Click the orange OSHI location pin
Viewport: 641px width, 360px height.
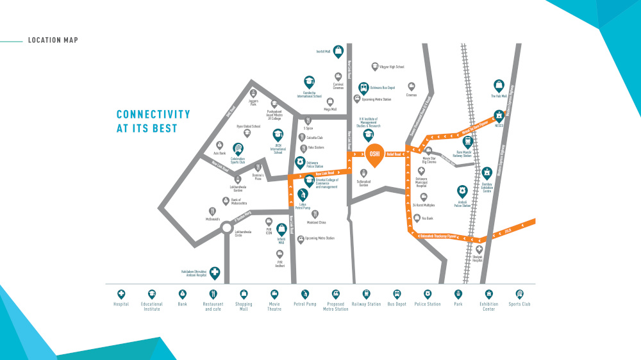tap(375, 154)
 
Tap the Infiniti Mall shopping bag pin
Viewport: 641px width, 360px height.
tap(281, 228)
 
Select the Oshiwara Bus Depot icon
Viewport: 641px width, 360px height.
tap(363, 87)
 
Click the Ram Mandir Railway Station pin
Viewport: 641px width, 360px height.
tap(467, 142)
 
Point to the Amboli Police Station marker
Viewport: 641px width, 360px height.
tap(461, 191)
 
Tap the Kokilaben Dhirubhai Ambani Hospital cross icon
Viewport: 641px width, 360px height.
tap(215, 272)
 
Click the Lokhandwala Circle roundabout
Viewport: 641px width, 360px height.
tap(226, 228)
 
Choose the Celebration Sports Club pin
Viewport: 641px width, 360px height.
tap(238, 149)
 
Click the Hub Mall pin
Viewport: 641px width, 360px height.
tap(499, 85)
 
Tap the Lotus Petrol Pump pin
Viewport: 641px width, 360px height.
tap(303, 193)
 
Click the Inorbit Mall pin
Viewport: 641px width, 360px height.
tap(338, 51)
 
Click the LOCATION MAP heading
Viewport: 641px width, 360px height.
tap(53, 40)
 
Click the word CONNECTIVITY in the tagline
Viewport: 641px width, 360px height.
tap(153, 115)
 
